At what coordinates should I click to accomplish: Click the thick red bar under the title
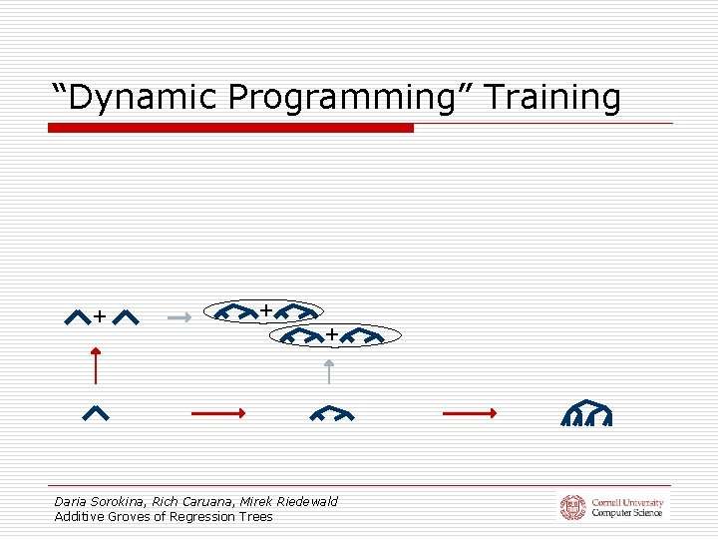[230, 128]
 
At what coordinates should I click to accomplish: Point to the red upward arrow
[96, 365]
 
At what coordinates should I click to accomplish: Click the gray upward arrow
[329, 372]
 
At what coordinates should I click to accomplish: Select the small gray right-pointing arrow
[179, 317]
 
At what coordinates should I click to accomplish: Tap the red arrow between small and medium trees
[217, 412]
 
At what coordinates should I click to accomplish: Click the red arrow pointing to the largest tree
[469, 412]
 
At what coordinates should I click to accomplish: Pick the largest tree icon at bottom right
[586, 413]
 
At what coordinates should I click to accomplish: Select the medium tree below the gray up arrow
[330, 413]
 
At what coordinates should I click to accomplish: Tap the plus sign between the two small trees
[100, 317]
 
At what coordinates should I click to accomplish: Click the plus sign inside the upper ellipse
[266, 310]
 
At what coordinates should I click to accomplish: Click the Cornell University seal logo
[572, 507]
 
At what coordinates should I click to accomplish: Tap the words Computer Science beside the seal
[627, 513]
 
